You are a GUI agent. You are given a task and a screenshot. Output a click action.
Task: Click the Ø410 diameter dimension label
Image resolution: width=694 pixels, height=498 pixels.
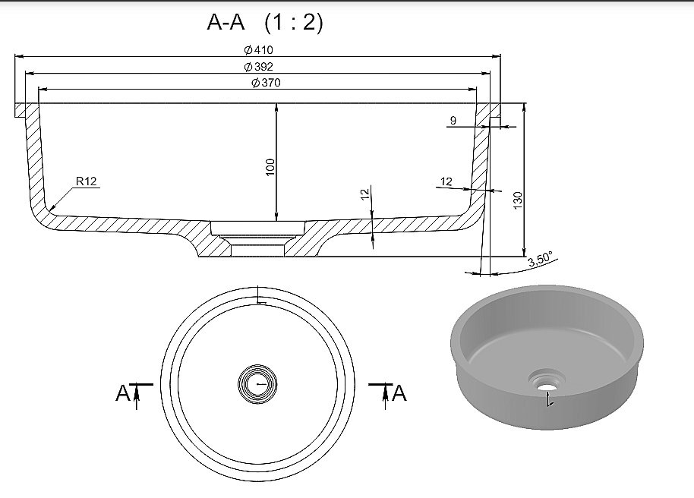pyautogui.click(x=258, y=49)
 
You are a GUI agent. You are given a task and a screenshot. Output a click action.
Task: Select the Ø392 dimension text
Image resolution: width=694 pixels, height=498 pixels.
pyautogui.click(x=258, y=66)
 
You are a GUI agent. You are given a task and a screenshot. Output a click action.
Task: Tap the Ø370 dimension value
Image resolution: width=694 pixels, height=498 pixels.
pyautogui.click(x=266, y=82)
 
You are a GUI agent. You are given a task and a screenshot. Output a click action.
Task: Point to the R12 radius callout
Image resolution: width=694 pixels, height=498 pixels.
pyautogui.click(x=86, y=181)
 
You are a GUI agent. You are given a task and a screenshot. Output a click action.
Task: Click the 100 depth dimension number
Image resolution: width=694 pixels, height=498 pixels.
pyautogui.click(x=270, y=167)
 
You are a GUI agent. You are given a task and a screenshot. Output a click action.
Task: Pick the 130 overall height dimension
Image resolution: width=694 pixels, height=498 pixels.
pyautogui.click(x=517, y=200)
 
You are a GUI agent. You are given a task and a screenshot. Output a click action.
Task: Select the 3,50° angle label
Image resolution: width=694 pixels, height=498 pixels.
pyautogui.click(x=541, y=259)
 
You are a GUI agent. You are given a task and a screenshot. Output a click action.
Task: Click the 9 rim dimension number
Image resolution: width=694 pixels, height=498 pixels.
pyautogui.click(x=453, y=120)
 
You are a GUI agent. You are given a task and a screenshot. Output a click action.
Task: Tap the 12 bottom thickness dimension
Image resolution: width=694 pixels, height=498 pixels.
pyautogui.click(x=364, y=194)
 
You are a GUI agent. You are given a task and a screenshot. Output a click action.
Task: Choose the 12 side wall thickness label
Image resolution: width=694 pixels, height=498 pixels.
pyautogui.click(x=446, y=181)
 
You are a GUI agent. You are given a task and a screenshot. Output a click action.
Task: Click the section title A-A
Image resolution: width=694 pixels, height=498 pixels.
pyautogui.click(x=226, y=22)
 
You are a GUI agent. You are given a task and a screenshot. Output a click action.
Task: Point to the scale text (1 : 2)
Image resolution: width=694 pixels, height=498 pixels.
pyautogui.click(x=294, y=22)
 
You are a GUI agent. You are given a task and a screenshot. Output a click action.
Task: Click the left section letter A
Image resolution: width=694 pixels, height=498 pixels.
pyautogui.click(x=122, y=392)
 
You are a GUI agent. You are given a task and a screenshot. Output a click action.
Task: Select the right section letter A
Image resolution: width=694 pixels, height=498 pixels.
pyautogui.click(x=399, y=392)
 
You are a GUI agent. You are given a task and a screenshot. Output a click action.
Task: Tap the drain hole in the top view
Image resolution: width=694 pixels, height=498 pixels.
pyautogui.click(x=257, y=384)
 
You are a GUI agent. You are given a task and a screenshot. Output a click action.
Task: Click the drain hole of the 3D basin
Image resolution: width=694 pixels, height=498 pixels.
pyautogui.click(x=547, y=385)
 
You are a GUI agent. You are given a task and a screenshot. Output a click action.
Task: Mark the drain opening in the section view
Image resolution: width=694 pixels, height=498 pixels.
pyautogui.click(x=257, y=239)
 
